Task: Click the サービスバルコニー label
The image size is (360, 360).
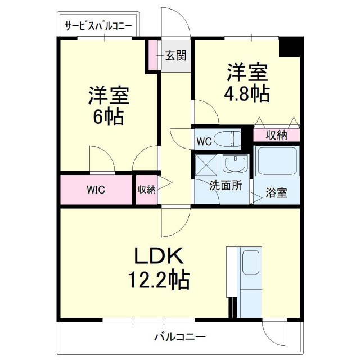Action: (98, 26)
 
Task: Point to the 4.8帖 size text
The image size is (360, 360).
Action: (247, 93)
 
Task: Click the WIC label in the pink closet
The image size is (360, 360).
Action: (96, 190)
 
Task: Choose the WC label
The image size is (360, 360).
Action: (204, 142)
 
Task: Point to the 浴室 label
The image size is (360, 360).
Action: (276, 193)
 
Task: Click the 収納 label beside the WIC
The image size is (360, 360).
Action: (146, 190)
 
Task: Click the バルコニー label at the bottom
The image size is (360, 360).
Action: (180, 337)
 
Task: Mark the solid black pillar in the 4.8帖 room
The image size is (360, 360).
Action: (291, 47)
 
